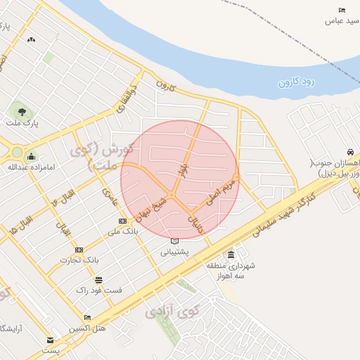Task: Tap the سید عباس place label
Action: point(338,21)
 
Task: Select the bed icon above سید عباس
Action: point(342,10)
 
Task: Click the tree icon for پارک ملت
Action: point(22,110)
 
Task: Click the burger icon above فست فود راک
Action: point(98,279)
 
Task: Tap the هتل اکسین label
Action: point(87,328)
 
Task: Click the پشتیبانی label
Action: point(175,251)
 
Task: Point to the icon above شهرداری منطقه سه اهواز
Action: point(231,255)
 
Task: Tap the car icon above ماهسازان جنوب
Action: point(349,153)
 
